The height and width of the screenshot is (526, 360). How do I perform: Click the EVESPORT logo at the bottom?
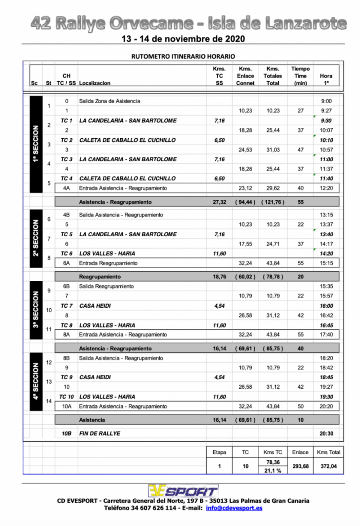[183, 490]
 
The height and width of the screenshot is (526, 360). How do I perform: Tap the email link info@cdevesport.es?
[234, 508]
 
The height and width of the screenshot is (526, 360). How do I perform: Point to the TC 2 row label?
[66, 140]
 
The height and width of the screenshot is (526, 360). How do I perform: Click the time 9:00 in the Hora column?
[326, 101]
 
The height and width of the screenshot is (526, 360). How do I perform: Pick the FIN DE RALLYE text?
[100, 434]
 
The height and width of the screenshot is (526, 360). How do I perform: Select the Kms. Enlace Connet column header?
[245, 76]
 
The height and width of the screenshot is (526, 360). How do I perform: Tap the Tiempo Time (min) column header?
[300, 76]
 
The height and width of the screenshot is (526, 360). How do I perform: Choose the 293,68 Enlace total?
[300, 467]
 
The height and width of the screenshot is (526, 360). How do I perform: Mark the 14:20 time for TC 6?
[326, 253]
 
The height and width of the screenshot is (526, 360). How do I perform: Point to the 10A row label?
[66, 406]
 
